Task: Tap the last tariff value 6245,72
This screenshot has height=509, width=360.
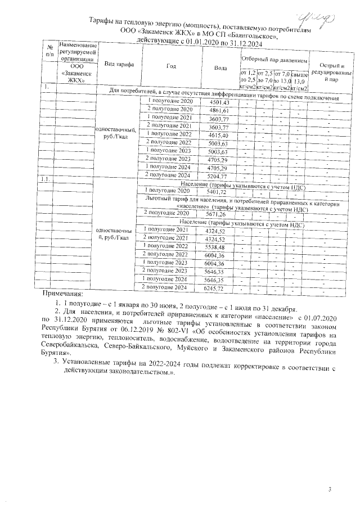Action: point(214,288)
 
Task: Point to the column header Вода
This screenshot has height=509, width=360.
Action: point(221,67)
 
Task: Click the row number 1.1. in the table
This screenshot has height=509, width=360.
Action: point(48,179)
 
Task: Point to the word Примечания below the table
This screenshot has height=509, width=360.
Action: point(63,294)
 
